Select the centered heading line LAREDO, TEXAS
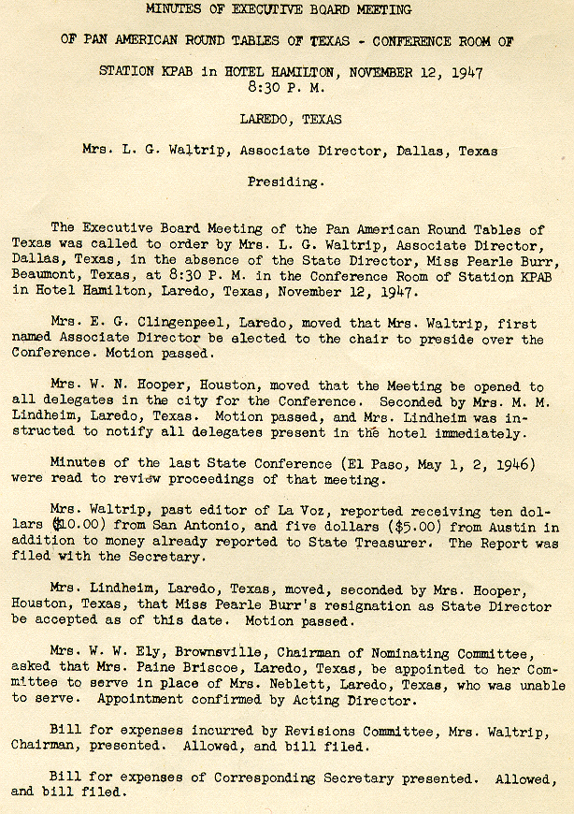click(x=291, y=119)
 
